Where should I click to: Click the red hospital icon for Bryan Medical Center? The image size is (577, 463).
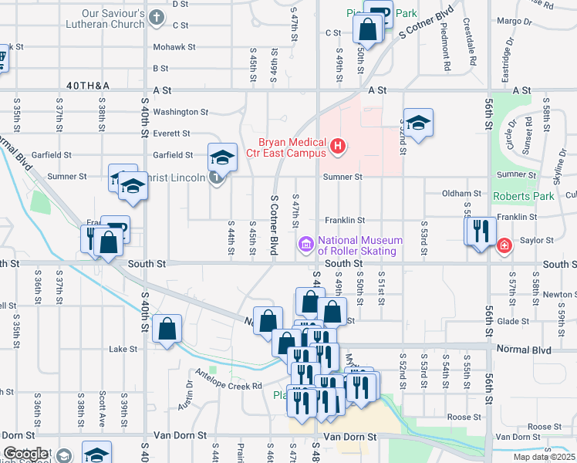337,145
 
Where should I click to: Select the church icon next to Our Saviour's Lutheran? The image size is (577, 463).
157,17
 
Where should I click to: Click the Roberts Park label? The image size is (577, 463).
524,196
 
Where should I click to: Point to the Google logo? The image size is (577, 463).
25,454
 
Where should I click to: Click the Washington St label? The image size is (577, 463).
181,112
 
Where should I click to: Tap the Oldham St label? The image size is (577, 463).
462,193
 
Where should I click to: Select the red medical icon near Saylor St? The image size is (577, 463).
504,245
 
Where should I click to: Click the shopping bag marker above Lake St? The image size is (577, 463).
167,330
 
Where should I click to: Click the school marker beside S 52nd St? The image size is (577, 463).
418,123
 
